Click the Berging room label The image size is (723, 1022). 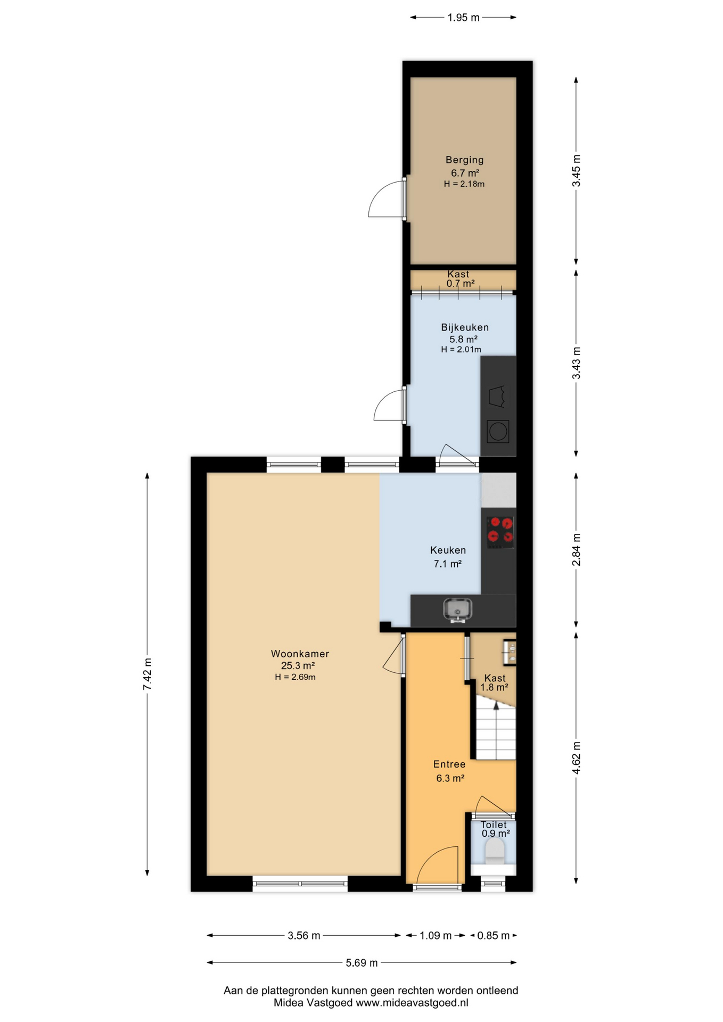coord(464,160)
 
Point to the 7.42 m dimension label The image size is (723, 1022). coord(147,674)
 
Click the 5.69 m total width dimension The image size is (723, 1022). coord(361,962)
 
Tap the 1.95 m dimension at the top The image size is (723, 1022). coord(463,18)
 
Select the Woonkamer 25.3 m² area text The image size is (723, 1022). coord(298,665)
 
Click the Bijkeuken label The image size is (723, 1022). coord(464,327)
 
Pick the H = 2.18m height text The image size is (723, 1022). coord(464,184)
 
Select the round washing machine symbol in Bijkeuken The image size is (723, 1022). coord(498,431)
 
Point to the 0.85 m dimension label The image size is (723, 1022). coord(493,935)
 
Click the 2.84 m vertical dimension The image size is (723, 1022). coord(576,549)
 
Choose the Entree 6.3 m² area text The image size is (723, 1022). coord(450,778)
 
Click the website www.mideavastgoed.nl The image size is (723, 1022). coord(412,1003)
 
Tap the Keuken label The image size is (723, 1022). coord(448,550)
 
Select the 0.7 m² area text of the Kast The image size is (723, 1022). coord(460,284)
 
